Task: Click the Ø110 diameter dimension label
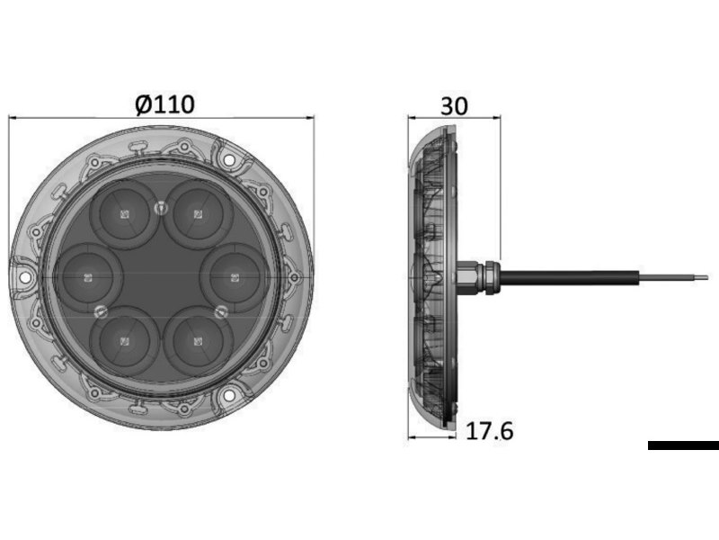(x=165, y=104)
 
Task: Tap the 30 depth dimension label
(x=454, y=106)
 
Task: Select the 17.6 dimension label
(x=489, y=431)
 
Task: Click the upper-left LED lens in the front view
(x=124, y=214)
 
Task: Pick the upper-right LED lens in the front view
(x=198, y=214)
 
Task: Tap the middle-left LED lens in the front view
(x=88, y=278)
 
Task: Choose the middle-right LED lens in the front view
(x=235, y=278)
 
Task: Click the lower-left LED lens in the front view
(x=124, y=342)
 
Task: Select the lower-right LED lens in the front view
(x=198, y=342)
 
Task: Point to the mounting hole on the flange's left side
(x=25, y=278)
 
